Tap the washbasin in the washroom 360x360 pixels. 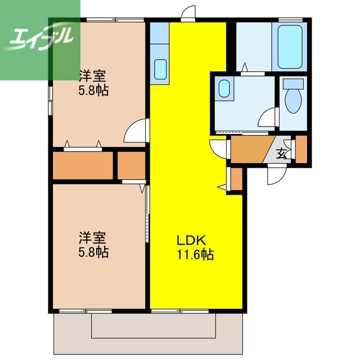[x=224, y=89]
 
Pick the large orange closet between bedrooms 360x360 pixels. [x=83, y=164]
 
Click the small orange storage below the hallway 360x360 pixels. [x=236, y=178]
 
